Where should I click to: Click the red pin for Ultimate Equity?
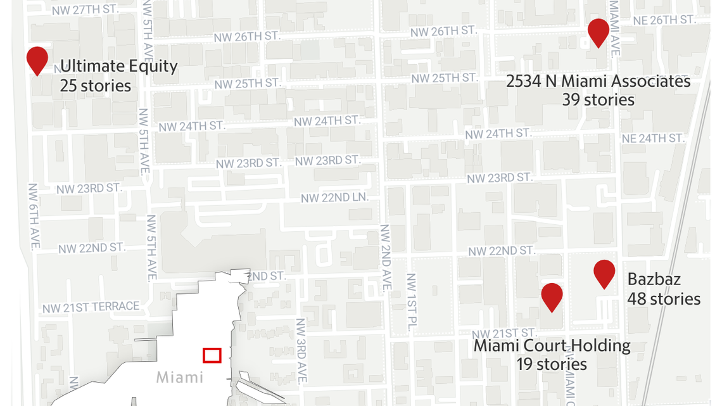click(x=37, y=59)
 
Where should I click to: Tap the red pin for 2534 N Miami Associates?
click(x=598, y=31)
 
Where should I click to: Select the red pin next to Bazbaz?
click(x=605, y=272)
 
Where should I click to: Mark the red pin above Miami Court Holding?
click(x=552, y=296)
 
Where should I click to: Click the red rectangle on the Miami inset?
click(x=212, y=355)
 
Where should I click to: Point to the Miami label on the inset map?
click(x=180, y=377)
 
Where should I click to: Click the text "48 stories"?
click(x=664, y=298)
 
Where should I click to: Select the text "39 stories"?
click(x=598, y=99)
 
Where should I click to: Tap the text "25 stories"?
click(x=96, y=86)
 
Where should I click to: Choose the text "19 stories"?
click(x=552, y=364)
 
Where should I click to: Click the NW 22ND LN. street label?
click(x=334, y=198)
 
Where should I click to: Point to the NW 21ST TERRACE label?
click(x=91, y=307)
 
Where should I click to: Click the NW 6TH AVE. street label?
click(x=34, y=217)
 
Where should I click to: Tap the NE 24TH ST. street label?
click(x=653, y=138)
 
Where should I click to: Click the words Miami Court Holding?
click(x=552, y=346)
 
